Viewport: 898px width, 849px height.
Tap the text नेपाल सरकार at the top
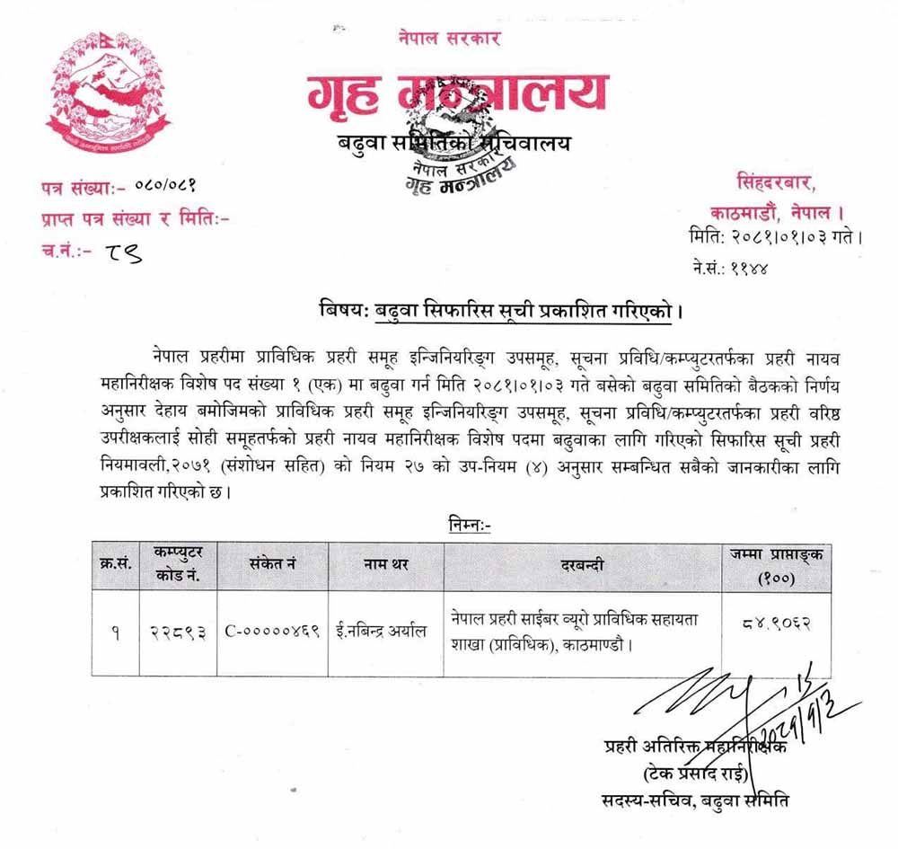click(x=449, y=39)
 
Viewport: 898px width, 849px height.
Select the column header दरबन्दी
click(x=582, y=565)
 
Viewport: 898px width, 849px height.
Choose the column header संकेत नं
click(x=273, y=565)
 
